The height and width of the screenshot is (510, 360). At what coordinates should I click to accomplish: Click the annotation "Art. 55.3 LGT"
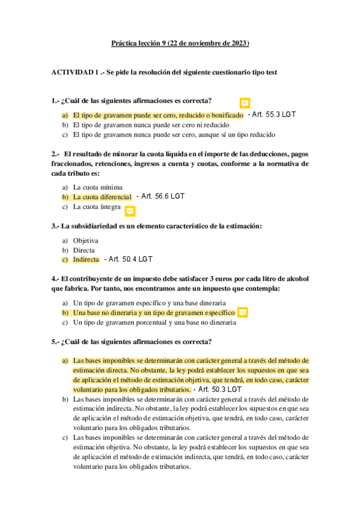click(x=272, y=114)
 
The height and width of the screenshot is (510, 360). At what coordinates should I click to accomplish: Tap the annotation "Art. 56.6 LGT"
click(x=160, y=196)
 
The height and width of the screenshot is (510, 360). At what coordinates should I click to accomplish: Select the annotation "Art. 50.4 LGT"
click(x=129, y=259)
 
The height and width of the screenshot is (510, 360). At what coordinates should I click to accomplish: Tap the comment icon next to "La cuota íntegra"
click(x=130, y=210)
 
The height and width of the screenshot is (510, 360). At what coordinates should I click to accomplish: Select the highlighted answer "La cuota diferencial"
click(x=102, y=197)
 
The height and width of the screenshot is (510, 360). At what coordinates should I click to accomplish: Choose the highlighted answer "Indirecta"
click(x=86, y=260)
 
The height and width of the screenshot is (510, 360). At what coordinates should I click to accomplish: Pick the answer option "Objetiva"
click(x=85, y=241)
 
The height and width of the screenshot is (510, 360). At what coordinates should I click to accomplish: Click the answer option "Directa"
click(x=84, y=250)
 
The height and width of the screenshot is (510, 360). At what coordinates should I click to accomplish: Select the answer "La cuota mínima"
click(x=97, y=187)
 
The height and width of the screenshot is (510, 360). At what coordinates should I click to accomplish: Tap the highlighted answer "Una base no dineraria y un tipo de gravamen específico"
click(x=154, y=313)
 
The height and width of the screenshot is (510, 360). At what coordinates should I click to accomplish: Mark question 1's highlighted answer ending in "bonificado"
click(x=158, y=115)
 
